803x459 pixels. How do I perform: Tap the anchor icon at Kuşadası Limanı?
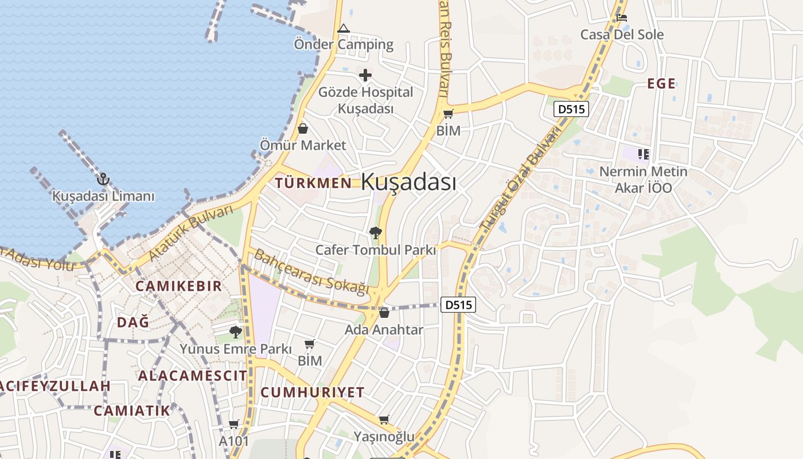coord(103,179)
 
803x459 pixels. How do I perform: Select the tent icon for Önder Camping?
coord(343,28)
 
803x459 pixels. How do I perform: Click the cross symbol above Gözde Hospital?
coord(365,75)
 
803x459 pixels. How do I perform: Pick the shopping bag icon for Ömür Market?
coord(303,129)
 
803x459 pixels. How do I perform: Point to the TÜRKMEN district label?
coord(313,183)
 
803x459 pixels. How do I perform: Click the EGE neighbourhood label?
coord(661,84)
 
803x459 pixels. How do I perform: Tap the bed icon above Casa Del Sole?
coord(622,17)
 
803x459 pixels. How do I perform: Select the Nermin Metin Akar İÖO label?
coord(643,180)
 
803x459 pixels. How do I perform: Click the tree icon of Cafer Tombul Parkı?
coord(376,232)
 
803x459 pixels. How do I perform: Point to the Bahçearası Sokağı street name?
coord(311,272)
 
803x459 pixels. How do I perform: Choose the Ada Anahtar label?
coord(384,330)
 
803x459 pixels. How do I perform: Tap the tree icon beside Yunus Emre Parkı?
coord(235,332)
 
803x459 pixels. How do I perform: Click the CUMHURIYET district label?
coord(313,392)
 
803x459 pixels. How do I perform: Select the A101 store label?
coord(234,441)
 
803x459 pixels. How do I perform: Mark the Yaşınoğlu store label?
coord(384,437)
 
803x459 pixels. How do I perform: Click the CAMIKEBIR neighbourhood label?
coord(178,286)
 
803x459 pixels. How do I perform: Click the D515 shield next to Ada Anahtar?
coord(458,305)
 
